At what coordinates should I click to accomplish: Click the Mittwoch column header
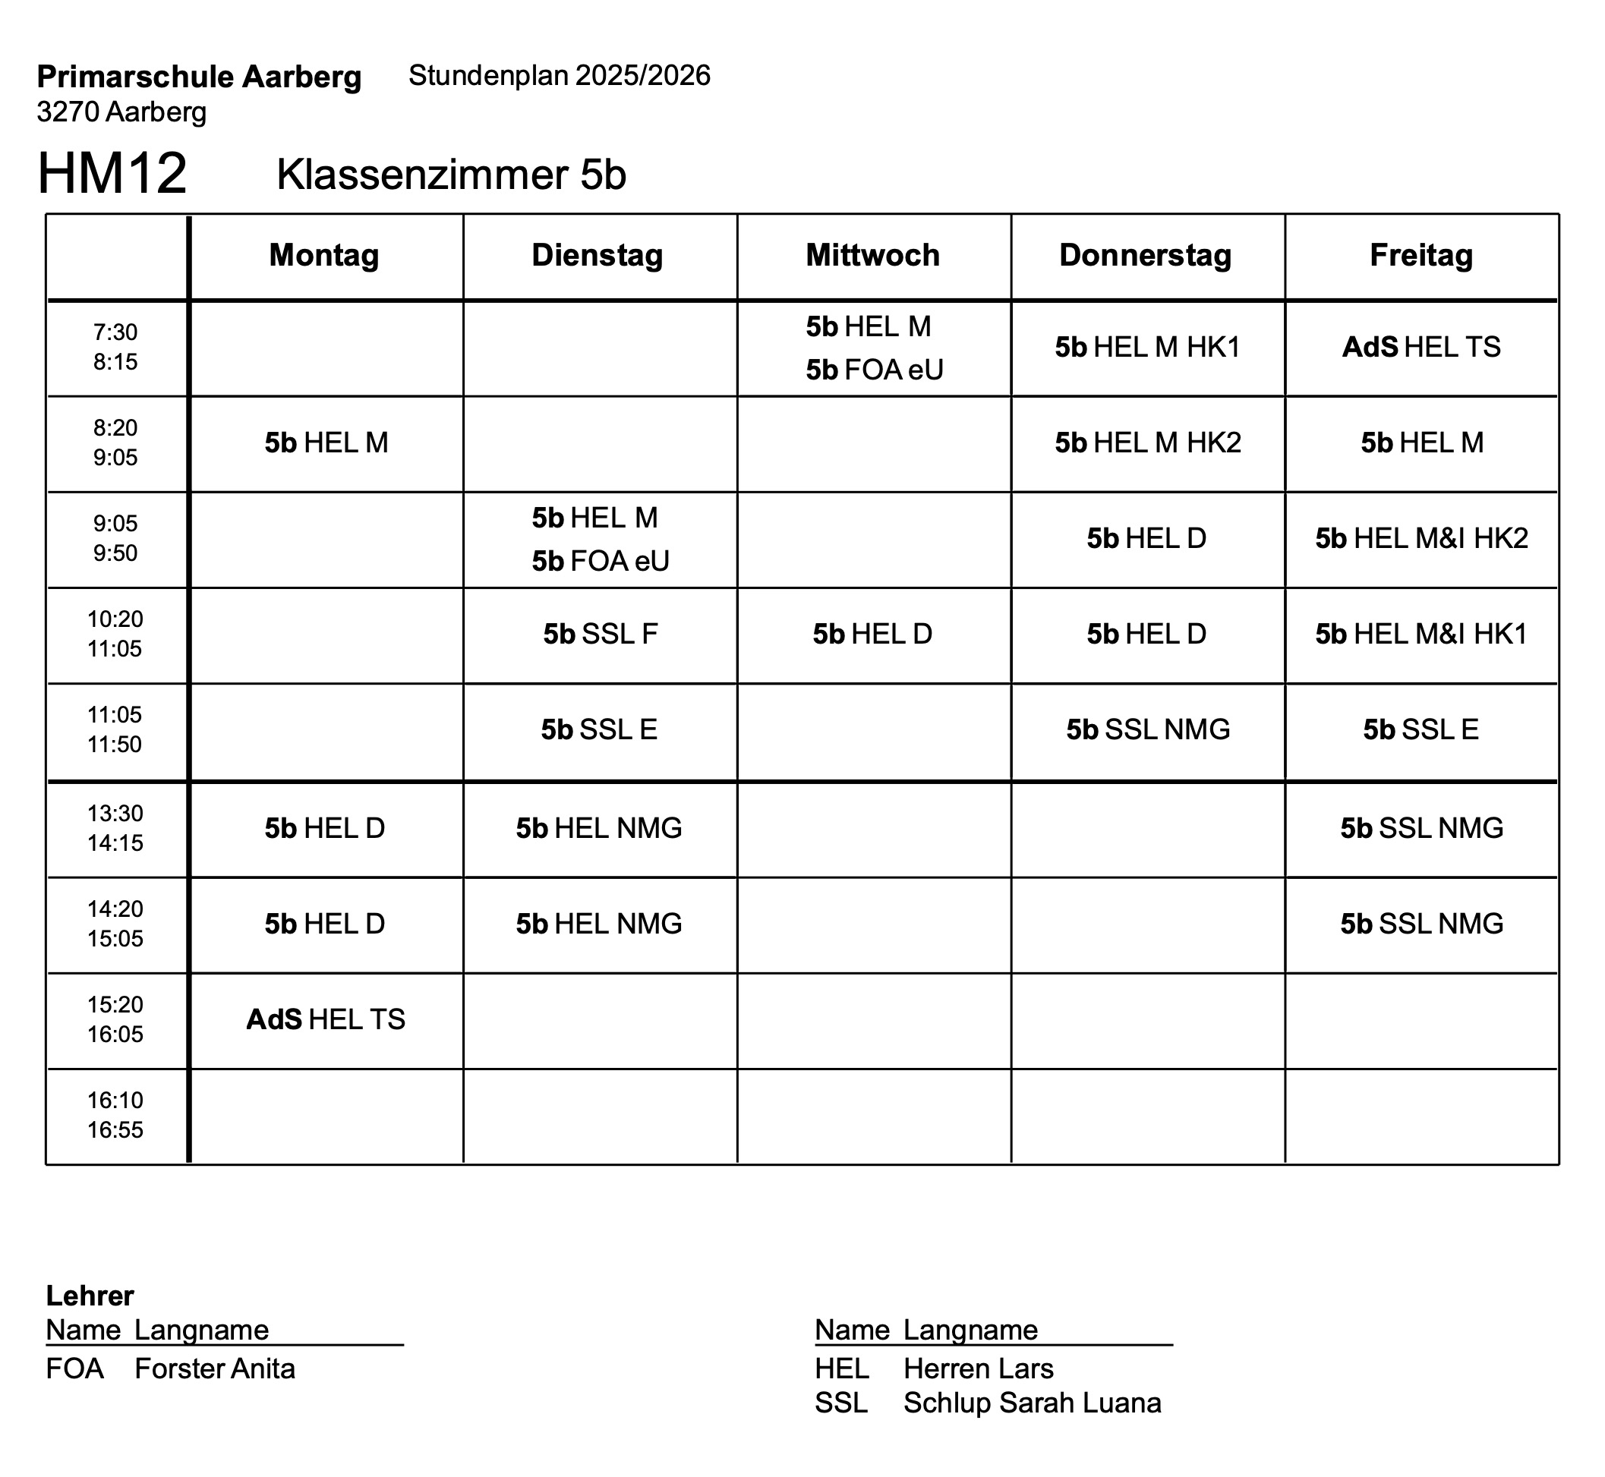[x=872, y=256]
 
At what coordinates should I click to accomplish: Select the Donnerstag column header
[x=1145, y=256]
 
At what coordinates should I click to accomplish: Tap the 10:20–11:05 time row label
[x=115, y=634]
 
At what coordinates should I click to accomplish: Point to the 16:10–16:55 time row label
[x=115, y=1115]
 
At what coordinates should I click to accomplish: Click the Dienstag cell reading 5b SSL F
[x=600, y=634]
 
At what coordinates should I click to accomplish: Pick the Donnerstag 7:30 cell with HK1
[x=1147, y=347]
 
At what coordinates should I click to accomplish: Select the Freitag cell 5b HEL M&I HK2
[x=1421, y=539]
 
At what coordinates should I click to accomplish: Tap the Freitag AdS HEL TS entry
[x=1421, y=347]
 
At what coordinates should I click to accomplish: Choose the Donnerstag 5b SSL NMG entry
[x=1148, y=729]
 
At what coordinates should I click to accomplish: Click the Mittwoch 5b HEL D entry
[x=872, y=634]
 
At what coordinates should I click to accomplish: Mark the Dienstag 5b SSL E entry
[x=599, y=729]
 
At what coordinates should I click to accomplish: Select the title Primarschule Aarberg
[x=199, y=77]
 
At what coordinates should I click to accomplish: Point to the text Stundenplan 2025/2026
[x=559, y=76]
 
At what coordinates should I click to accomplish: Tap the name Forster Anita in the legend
[x=214, y=1368]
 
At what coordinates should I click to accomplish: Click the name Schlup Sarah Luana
[x=1031, y=1403]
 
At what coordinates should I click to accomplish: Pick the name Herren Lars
[x=978, y=1368]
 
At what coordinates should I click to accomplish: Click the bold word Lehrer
[x=90, y=1296]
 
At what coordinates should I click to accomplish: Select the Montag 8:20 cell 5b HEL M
[x=326, y=442]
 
